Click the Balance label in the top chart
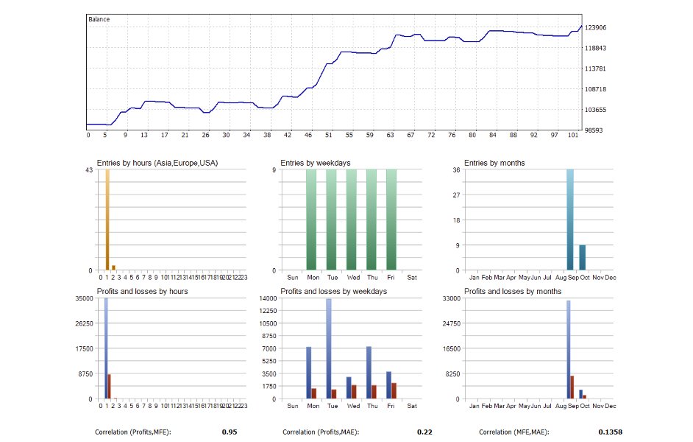99,19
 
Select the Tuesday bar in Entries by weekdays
331,220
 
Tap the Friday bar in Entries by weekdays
391,220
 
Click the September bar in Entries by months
570,220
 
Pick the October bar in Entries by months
583,257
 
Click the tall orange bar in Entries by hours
107,220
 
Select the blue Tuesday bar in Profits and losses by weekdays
329,348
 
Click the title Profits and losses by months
513,292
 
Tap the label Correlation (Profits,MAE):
321,432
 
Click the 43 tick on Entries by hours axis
89,170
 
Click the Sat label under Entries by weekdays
411,278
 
